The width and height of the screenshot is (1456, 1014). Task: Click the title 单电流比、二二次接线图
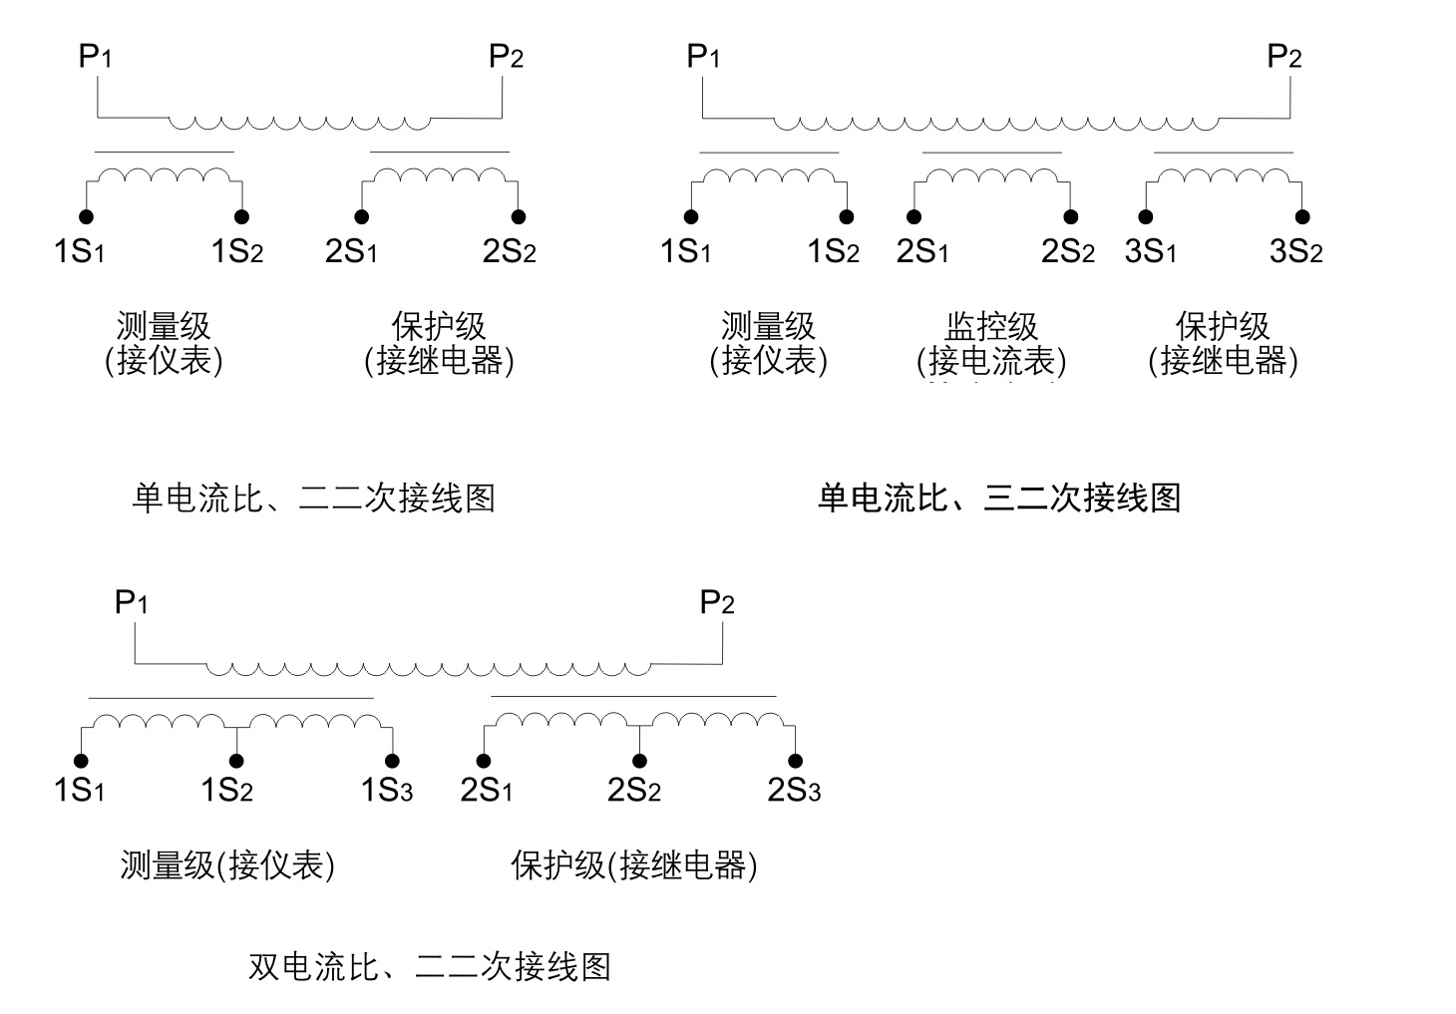coord(313,498)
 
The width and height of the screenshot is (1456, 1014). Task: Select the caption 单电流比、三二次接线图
coord(998,498)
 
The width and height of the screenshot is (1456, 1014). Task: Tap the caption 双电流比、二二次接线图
coord(429,966)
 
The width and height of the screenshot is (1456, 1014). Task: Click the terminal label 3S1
coord(1150,252)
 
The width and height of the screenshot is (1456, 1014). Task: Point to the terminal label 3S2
coord(1295,252)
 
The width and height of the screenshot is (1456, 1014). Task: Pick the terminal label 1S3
coord(386,791)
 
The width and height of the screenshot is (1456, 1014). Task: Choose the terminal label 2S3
coord(794,791)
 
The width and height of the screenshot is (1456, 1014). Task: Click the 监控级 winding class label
coord(991,326)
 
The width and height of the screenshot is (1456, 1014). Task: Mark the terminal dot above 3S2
coord(1302,217)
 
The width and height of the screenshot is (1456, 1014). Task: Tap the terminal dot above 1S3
coord(393,762)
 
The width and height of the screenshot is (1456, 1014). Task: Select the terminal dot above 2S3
coord(796,762)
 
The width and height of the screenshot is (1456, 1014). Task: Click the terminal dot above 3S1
coord(1146,217)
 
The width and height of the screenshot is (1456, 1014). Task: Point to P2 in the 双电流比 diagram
coord(717,603)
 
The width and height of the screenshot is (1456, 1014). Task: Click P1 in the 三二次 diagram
coord(703,57)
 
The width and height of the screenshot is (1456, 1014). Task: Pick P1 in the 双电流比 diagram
coord(132,603)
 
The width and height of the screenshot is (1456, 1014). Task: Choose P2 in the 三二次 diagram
coord(1283,57)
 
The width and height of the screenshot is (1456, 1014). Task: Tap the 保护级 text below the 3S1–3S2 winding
coord(1223,326)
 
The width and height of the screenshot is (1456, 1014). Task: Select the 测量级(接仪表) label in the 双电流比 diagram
coord(227,865)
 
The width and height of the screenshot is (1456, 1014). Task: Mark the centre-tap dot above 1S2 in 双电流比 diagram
coord(236,762)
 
